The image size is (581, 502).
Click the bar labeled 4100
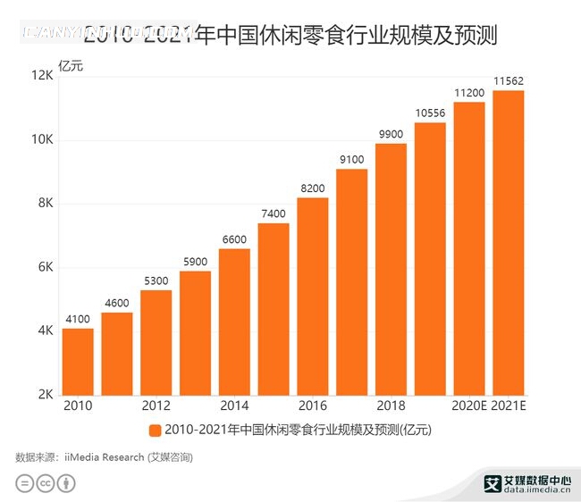[x=78, y=362]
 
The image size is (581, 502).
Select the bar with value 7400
[x=274, y=308]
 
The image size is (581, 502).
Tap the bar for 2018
[x=391, y=268]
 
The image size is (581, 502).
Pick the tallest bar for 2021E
[x=508, y=242]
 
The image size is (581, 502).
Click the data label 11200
[x=469, y=93]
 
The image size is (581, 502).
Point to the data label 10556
[x=430, y=113]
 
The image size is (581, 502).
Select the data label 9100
[x=352, y=160]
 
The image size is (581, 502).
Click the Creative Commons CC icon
[x=45, y=483]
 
